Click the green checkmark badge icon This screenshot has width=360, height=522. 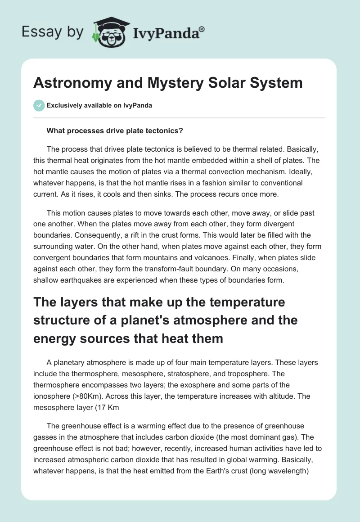[39, 105]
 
